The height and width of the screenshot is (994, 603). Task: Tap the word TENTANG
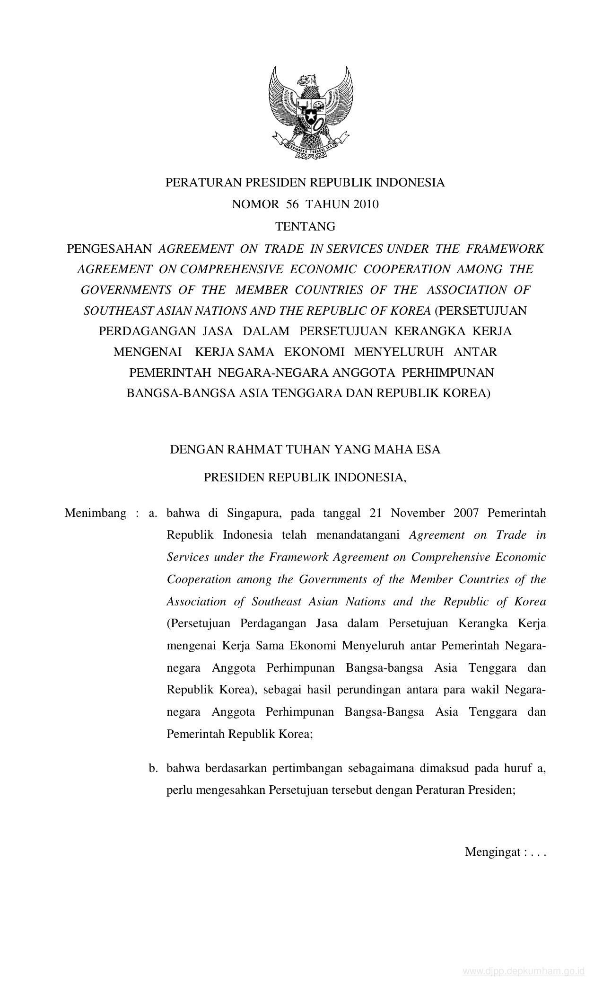click(305, 227)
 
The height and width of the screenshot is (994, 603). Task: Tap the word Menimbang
click(96, 513)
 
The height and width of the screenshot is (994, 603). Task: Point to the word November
click(418, 513)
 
